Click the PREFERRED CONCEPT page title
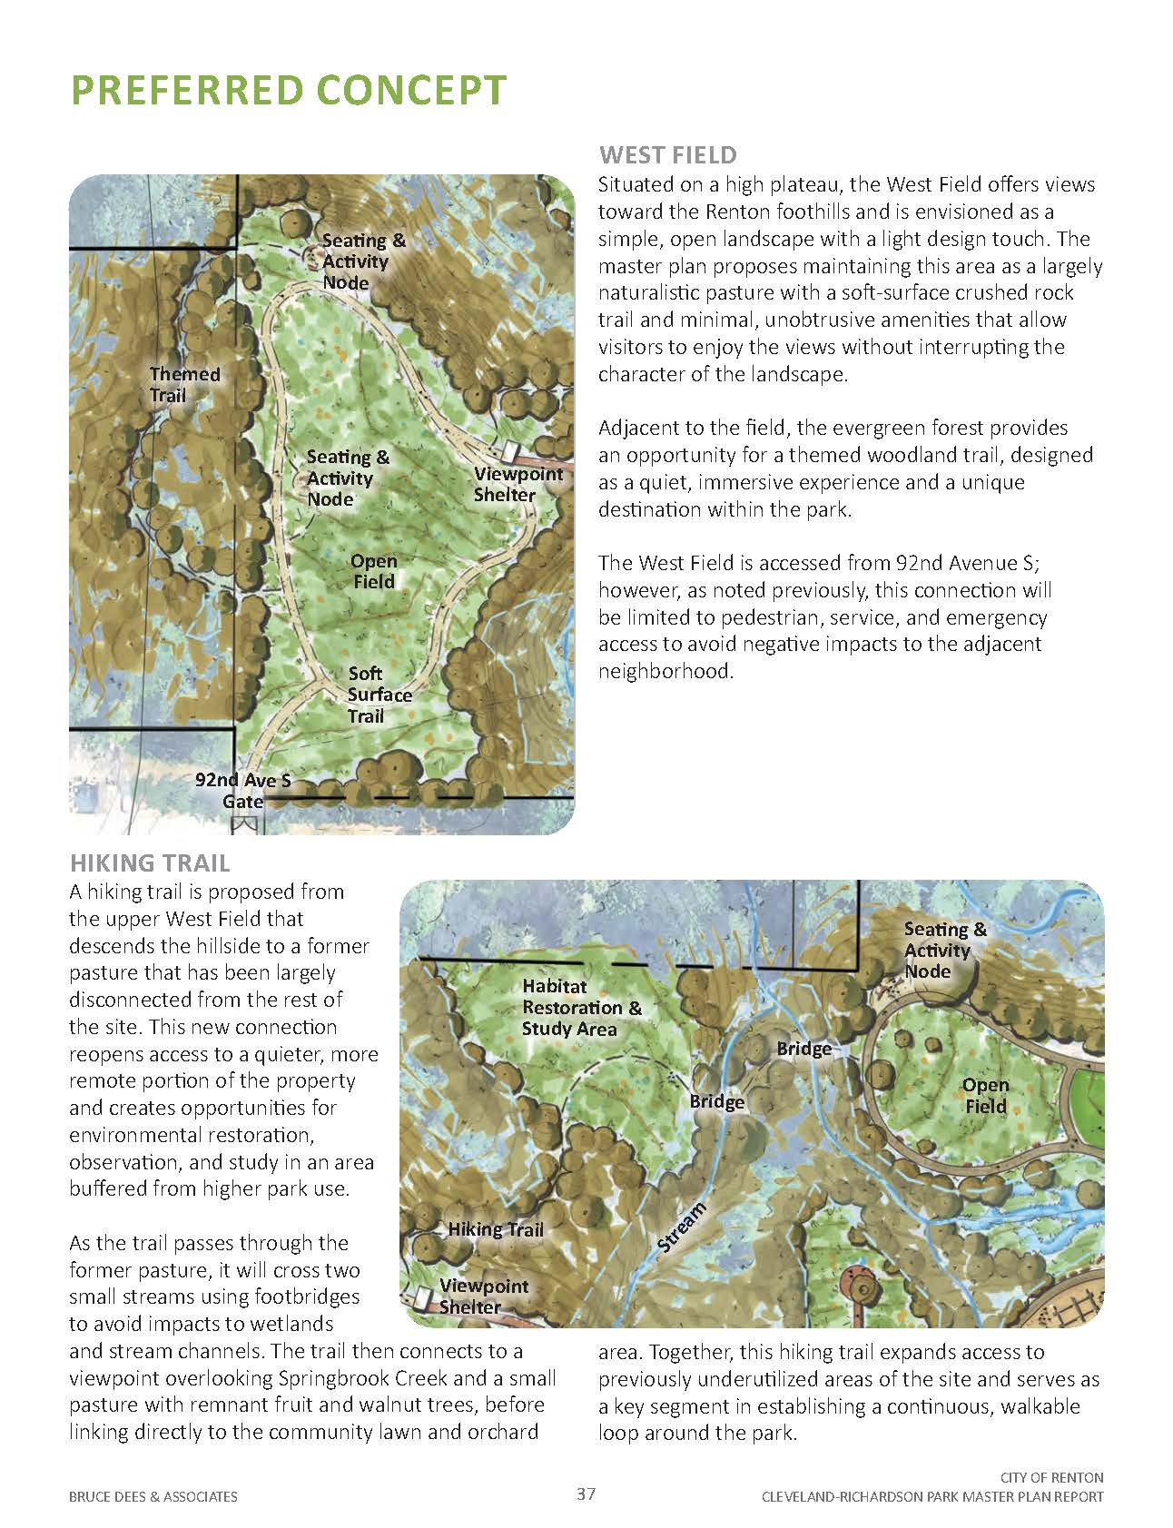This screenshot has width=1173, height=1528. point(288,91)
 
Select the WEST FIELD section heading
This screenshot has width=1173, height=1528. point(667,155)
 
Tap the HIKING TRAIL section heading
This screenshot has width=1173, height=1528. point(150,863)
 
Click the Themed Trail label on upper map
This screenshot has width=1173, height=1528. point(184,384)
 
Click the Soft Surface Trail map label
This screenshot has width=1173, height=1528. point(379,695)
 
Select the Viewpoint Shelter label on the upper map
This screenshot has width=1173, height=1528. point(517,485)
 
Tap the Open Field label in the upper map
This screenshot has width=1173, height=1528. point(373,571)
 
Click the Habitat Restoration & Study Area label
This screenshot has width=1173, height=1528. point(581,1007)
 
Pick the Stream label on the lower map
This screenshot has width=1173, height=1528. point(681,1228)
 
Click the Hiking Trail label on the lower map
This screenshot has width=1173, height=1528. point(495,1229)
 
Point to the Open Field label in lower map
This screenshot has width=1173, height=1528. point(985,1095)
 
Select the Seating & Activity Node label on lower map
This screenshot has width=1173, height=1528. point(944,950)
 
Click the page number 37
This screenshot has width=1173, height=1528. point(586,1493)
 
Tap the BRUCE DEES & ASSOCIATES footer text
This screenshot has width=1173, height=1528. point(153,1496)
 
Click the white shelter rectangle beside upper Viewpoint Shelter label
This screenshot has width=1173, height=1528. point(509,451)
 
